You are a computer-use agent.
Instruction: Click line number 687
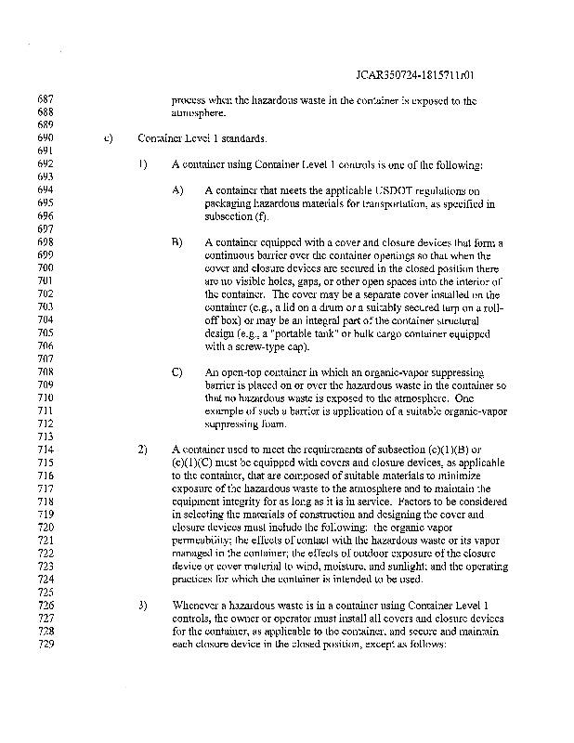[x=45, y=99]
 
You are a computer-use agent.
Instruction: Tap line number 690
[x=45, y=138]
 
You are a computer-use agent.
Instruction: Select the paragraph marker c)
[x=108, y=138]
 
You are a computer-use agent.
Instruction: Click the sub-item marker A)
[x=177, y=190]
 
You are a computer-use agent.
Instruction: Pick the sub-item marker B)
[x=177, y=242]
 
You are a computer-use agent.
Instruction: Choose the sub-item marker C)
[x=177, y=371]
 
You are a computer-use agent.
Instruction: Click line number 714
[x=45, y=450]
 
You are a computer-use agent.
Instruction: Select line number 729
[x=45, y=645]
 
